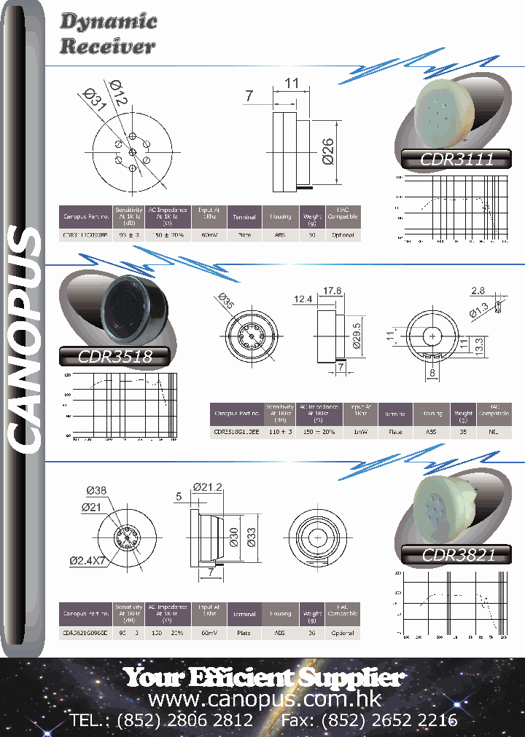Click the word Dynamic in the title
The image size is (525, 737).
tap(108, 22)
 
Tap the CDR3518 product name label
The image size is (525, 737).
tap(114, 356)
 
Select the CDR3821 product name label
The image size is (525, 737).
tap(459, 555)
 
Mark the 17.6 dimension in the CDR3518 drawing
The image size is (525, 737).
tap(332, 291)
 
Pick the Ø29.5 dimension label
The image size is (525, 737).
tap(357, 336)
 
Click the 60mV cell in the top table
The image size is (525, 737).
tap(209, 235)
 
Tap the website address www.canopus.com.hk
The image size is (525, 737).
tap(264, 699)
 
